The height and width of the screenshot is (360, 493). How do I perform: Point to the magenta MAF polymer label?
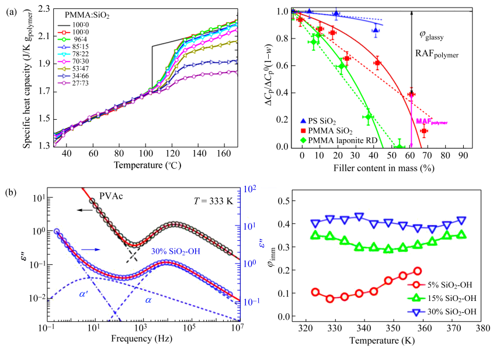432,122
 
